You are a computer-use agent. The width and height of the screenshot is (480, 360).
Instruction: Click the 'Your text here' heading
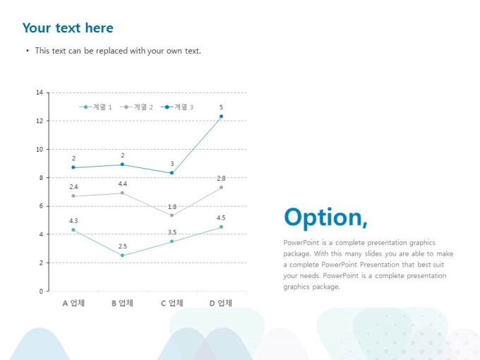click(68, 28)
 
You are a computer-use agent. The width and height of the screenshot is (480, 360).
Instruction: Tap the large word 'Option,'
click(325, 217)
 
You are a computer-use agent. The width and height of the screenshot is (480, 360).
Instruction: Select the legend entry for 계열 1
click(95, 107)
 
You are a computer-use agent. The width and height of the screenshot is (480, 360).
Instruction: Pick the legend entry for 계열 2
click(136, 107)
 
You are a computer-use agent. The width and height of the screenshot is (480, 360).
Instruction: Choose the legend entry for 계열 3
click(177, 107)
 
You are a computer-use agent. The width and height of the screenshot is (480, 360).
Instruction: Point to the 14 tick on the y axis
click(40, 92)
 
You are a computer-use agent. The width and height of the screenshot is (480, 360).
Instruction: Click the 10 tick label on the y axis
click(40, 150)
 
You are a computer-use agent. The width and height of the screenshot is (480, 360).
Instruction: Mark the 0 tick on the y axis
click(41, 291)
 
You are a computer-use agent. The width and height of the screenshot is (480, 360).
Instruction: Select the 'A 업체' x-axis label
click(73, 303)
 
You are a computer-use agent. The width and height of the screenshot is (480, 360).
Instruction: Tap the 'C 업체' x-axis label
click(172, 303)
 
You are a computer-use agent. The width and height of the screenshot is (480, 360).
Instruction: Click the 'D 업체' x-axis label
click(221, 303)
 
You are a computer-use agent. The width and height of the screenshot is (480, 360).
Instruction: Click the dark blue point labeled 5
click(222, 116)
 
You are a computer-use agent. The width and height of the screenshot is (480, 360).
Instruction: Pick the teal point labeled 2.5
click(122, 256)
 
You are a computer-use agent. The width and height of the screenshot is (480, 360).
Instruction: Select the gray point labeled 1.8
click(172, 215)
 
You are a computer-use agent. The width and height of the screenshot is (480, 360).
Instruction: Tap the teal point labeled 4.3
click(73, 230)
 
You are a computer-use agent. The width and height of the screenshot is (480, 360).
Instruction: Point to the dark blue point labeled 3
click(172, 173)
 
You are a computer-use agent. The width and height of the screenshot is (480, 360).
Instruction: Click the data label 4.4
click(122, 184)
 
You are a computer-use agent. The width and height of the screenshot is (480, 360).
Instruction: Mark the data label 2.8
click(221, 178)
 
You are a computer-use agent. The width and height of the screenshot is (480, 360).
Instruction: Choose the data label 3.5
click(172, 232)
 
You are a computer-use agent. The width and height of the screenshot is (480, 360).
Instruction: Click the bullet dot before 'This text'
click(28, 51)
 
